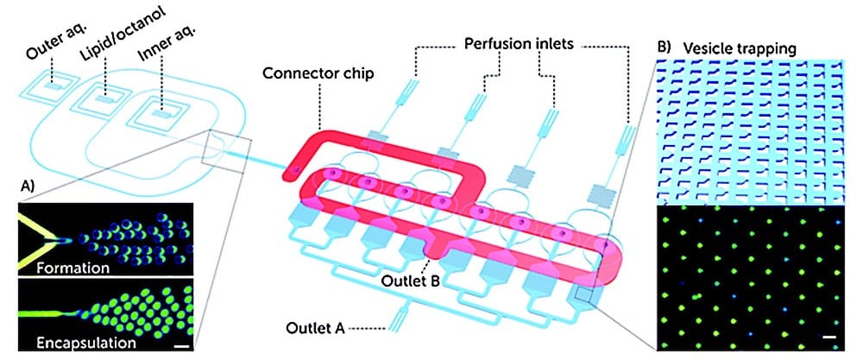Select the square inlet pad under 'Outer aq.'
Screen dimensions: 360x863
point(54,88)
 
